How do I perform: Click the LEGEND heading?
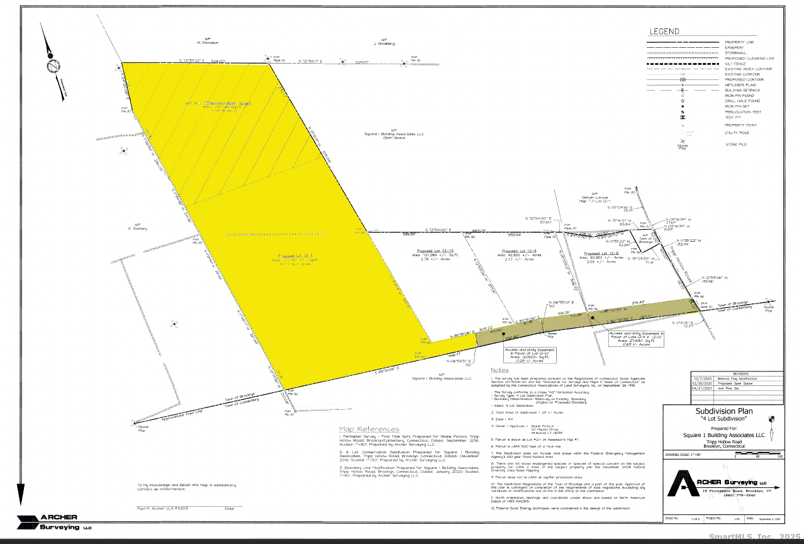pyautogui.click(x=664, y=31)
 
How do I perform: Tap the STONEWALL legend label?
pyautogui.click(x=735, y=53)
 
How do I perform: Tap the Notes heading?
pyautogui.click(x=500, y=370)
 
